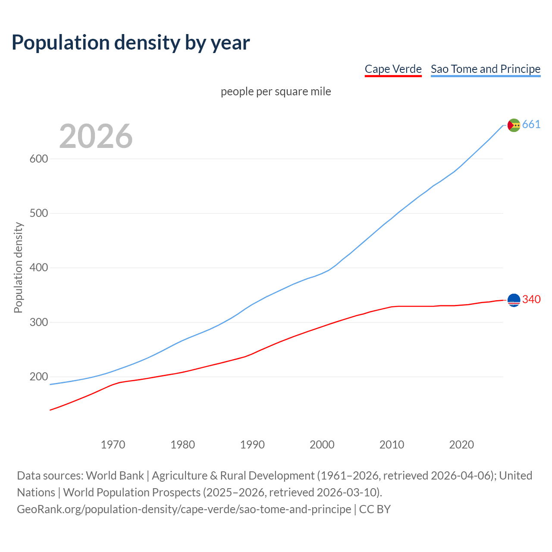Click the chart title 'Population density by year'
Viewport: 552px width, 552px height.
point(131,43)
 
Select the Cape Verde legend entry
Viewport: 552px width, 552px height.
point(393,69)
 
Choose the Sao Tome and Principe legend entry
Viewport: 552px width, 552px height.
point(486,69)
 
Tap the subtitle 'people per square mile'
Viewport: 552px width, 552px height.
point(276,91)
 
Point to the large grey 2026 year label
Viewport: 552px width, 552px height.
point(96,136)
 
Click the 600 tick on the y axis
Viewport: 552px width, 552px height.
point(38,159)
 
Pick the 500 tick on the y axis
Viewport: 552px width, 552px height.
point(38,213)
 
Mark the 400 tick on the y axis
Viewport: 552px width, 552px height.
point(38,268)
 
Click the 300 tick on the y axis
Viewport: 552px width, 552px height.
point(38,322)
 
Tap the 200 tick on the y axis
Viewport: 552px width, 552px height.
point(38,377)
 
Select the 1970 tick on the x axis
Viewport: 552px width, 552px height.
point(113,444)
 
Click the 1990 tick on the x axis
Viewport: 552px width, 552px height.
point(252,444)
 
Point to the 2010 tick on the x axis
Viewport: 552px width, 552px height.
point(392,444)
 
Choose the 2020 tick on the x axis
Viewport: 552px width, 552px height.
point(461,444)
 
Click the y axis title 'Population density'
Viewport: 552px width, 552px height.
point(18,267)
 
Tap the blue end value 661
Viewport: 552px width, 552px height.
point(531,125)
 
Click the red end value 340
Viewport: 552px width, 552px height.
point(531,299)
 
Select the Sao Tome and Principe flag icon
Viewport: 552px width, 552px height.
point(514,125)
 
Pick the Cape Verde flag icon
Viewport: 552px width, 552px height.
point(514,300)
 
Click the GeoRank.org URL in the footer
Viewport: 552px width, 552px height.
point(184,509)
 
